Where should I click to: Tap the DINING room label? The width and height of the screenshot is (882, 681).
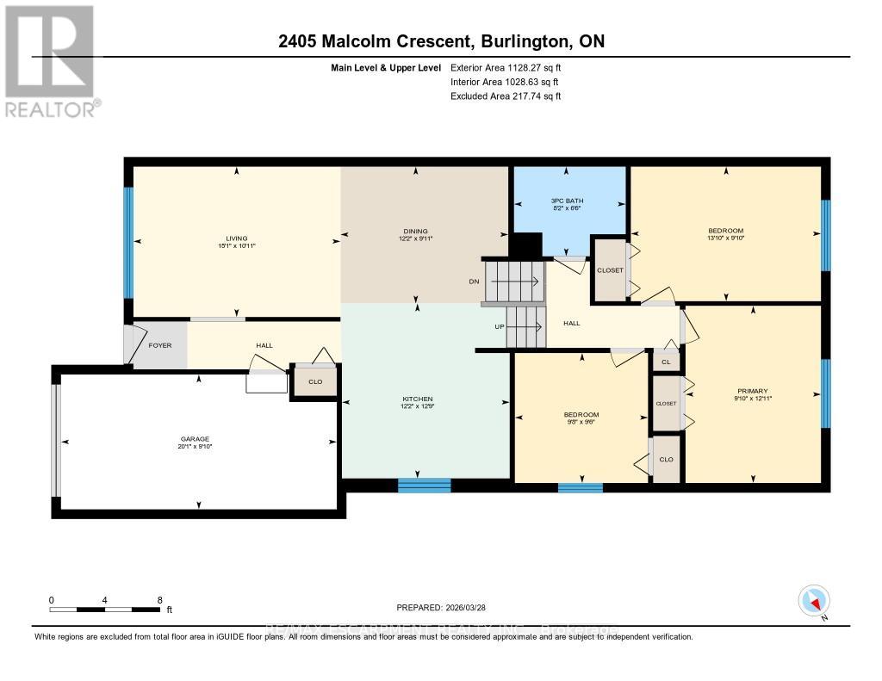pos(415,231)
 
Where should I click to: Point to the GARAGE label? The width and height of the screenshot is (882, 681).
pos(195,439)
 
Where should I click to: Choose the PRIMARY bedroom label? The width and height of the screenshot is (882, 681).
pos(752,391)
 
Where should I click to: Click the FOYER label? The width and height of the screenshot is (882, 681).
pos(160,345)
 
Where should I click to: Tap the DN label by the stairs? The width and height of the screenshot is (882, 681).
pos(474,281)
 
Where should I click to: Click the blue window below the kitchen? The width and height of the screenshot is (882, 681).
pos(424,485)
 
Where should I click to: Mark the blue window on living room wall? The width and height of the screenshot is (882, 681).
pos(128,230)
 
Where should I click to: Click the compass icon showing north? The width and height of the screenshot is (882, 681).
pos(813,600)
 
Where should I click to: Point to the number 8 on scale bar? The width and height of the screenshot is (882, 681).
pos(159,599)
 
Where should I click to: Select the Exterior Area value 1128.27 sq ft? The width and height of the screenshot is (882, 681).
pos(532,67)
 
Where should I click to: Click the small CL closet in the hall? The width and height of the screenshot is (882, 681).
pos(666,362)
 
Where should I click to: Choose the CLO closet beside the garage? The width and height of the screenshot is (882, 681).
pos(314,382)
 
